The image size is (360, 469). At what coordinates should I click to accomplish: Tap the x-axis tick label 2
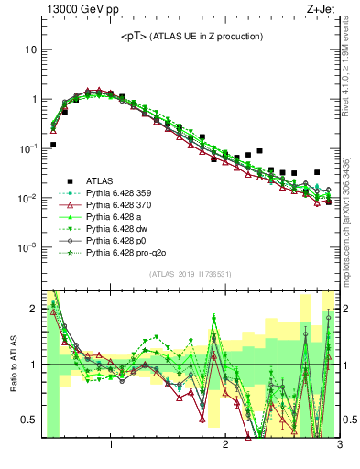pos(225,446)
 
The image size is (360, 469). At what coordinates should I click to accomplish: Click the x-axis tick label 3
pos(339,446)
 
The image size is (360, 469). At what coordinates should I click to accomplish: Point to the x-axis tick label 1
pos(111,446)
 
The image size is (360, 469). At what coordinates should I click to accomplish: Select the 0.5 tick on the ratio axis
pos(30,420)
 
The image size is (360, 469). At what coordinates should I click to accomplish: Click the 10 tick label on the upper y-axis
pos(30,49)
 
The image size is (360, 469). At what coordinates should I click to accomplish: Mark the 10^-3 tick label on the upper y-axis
pos(28,248)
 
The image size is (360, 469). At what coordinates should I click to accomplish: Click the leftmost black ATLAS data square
pos(53,145)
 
